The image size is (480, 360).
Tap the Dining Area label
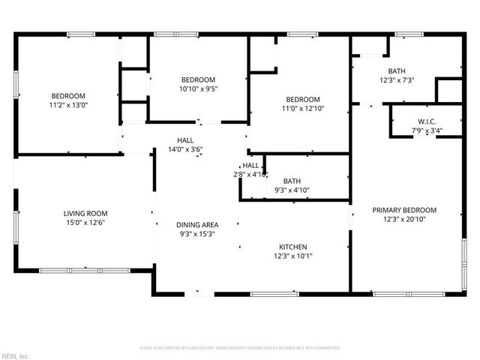(x=197, y=225)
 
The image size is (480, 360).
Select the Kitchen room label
(x=292, y=247)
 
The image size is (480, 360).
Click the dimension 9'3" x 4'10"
(x=292, y=190)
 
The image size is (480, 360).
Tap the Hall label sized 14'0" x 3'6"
(x=186, y=140)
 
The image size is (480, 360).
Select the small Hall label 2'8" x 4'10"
(x=250, y=166)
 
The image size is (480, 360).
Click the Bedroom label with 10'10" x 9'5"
(x=198, y=80)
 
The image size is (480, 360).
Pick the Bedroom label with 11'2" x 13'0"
(x=68, y=96)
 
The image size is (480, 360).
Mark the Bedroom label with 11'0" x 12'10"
(x=302, y=100)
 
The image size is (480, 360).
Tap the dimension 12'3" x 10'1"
(x=292, y=256)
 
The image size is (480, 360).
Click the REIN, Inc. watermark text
(x=15, y=355)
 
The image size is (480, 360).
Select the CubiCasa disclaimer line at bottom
(x=240, y=348)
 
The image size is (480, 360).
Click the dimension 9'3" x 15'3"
(x=197, y=234)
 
